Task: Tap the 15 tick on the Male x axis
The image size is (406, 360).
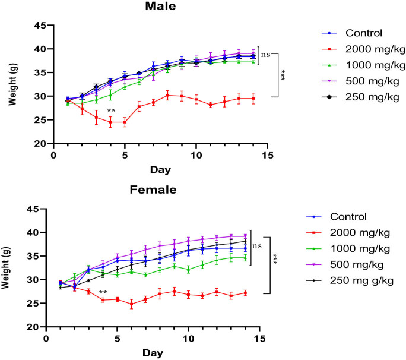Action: (267, 156)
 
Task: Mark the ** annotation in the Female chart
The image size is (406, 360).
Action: (103, 293)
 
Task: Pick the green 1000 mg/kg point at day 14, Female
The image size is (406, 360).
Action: (245, 258)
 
